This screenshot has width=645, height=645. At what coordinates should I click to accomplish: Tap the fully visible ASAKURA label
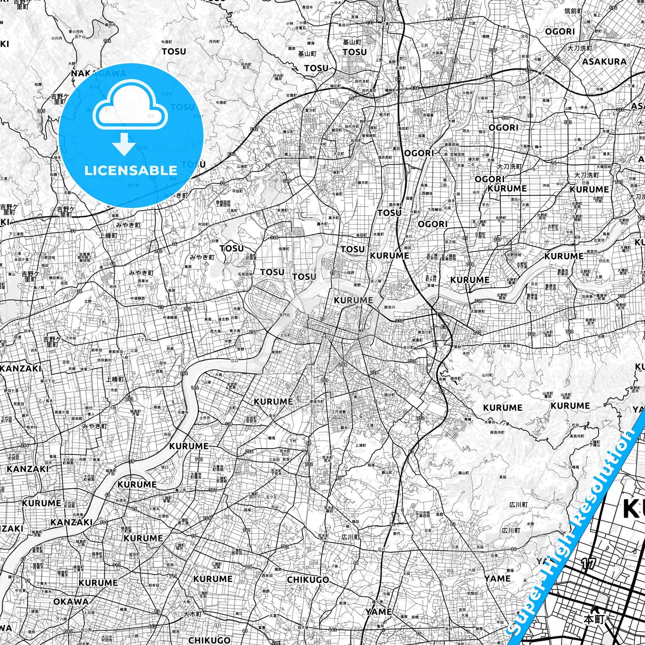(x=604, y=62)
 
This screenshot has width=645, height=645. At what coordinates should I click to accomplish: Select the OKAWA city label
(x=71, y=601)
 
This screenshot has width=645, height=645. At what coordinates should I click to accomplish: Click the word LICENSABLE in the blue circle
(x=131, y=170)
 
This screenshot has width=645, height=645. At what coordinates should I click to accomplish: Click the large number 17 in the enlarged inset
(x=588, y=564)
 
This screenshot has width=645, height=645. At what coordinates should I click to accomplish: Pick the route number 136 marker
(x=107, y=41)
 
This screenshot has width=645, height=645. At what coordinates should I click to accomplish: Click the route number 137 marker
(x=370, y=22)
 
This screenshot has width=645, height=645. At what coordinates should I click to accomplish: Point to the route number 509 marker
(x=505, y=118)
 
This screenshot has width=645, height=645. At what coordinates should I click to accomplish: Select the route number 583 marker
(x=568, y=122)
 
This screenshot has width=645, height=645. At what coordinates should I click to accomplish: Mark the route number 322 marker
(x=620, y=110)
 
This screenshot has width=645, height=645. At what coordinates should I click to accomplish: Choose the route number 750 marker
(x=412, y=361)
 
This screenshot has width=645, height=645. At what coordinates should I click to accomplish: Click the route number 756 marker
(x=249, y=451)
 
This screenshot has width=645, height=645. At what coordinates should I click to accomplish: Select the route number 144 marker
(x=195, y=388)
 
